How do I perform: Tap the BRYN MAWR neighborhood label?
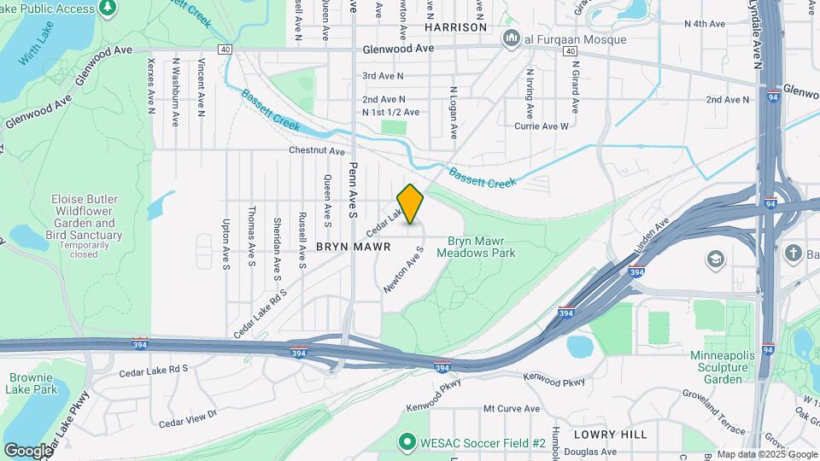353,246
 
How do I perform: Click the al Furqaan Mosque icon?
512,38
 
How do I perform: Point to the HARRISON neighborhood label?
456,27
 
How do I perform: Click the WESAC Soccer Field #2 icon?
407,442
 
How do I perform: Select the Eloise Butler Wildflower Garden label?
85,217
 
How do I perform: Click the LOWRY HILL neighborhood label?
610,434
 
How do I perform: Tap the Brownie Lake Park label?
33,383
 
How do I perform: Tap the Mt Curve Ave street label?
512,409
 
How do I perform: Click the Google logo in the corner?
28,450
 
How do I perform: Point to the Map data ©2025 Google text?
767,453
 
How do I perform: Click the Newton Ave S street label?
404,271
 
